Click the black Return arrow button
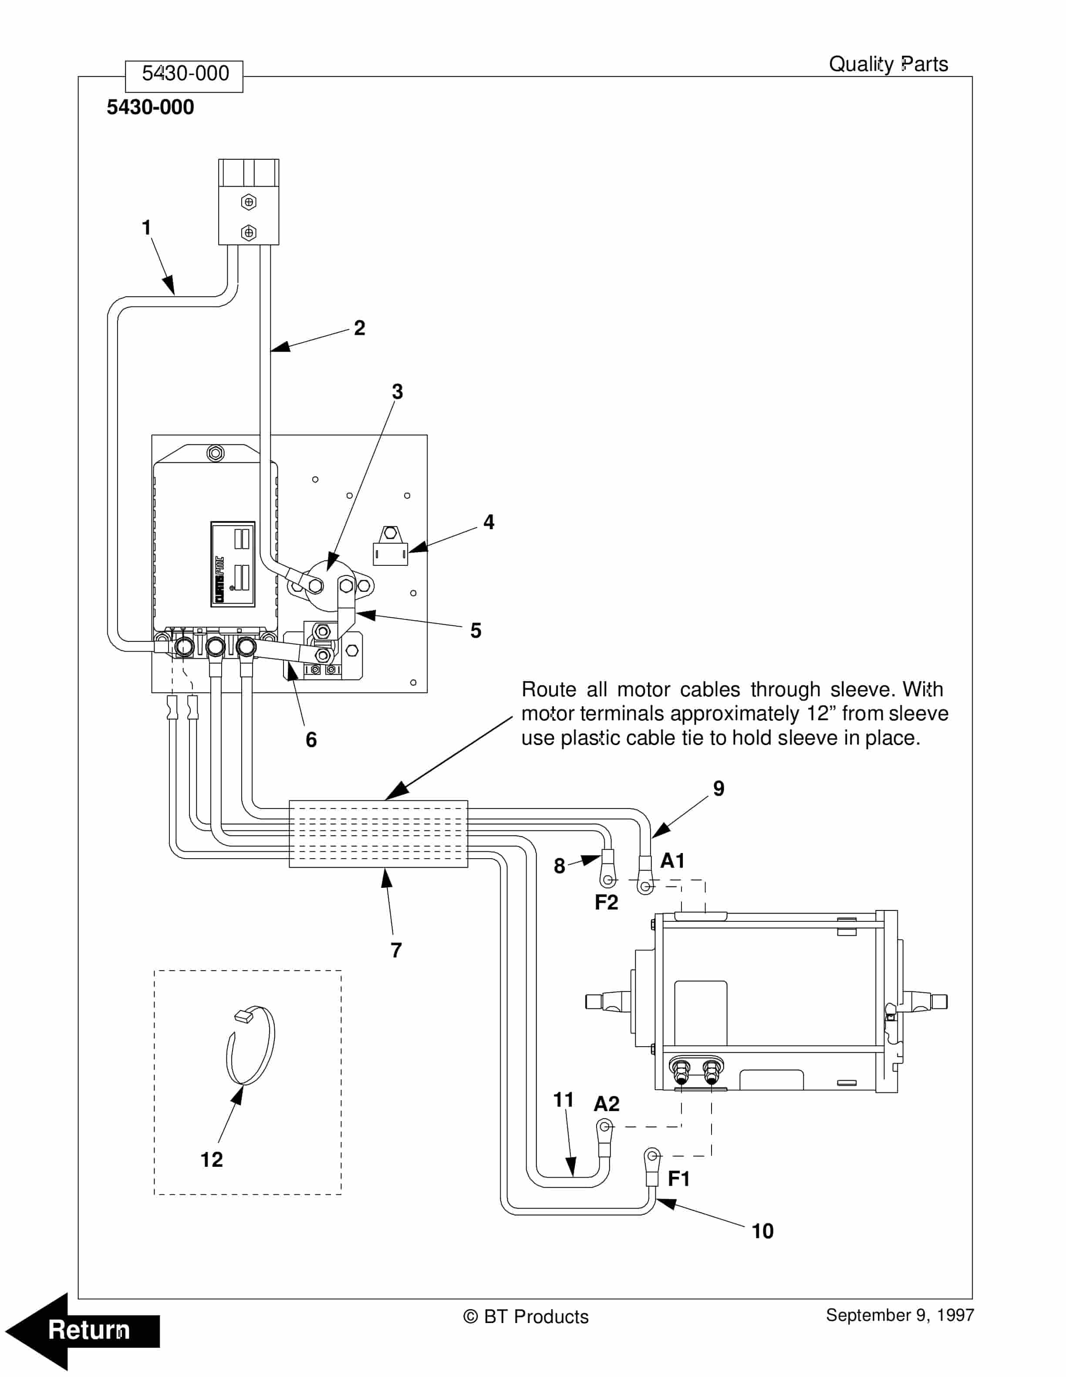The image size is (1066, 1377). (82, 1330)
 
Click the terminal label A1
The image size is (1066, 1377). (672, 861)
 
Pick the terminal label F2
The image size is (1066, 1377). (606, 902)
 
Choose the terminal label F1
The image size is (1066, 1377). (679, 1179)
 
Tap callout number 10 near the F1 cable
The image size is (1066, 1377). (762, 1231)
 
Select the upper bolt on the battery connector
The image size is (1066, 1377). (249, 202)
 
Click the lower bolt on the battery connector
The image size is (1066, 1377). (249, 233)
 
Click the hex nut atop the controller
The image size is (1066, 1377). (216, 453)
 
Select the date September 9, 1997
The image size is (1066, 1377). (900, 1315)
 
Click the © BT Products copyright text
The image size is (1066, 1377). (526, 1317)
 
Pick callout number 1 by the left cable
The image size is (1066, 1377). (146, 228)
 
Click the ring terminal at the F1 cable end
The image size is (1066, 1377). (652, 1156)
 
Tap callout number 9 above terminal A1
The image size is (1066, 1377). (719, 789)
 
